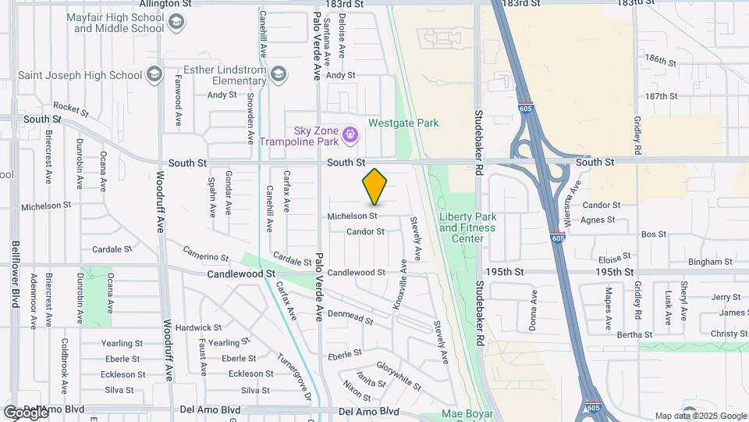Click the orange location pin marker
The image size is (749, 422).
[374, 187]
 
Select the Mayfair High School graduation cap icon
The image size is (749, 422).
[179, 22]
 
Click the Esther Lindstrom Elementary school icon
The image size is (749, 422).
[279, 74]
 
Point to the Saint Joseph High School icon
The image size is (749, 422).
[154, 75]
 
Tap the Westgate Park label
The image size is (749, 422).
[403, 123]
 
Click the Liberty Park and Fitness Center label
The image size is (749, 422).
[467, 222]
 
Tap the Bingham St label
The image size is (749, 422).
[687, 262]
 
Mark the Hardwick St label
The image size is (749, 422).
[193, 327]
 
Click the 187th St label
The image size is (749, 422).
[662, 96]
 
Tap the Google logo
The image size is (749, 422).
[25, 412]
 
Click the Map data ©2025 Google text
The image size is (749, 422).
[700, 416]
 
